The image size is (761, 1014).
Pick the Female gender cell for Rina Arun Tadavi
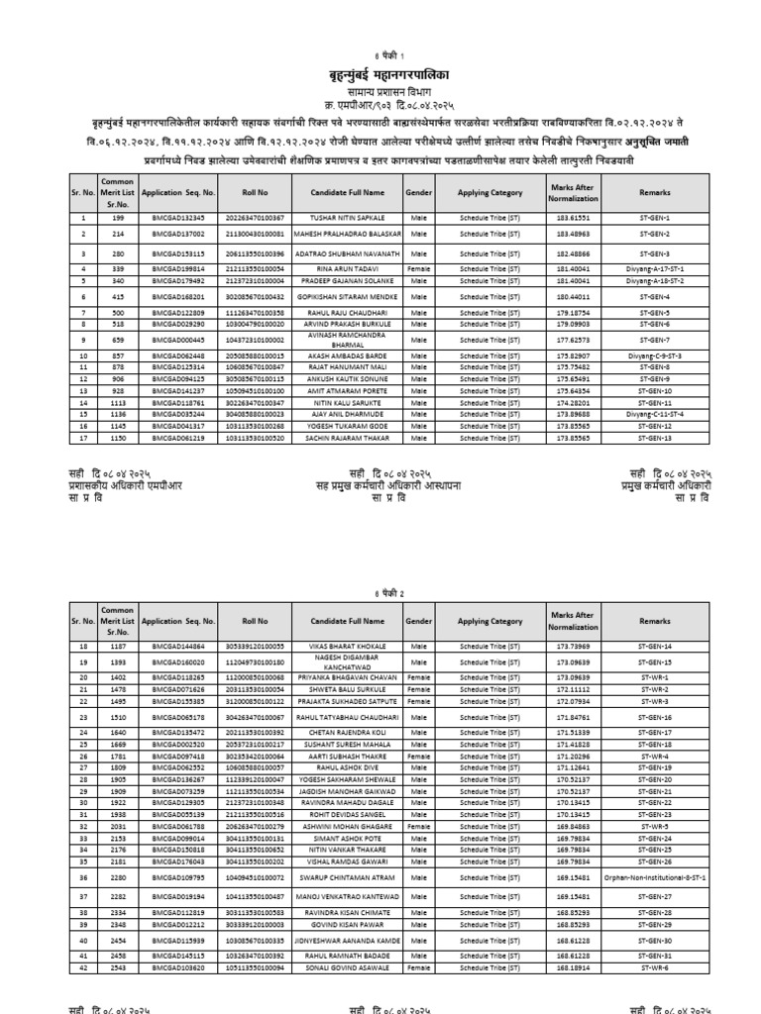tap(418, 267)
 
